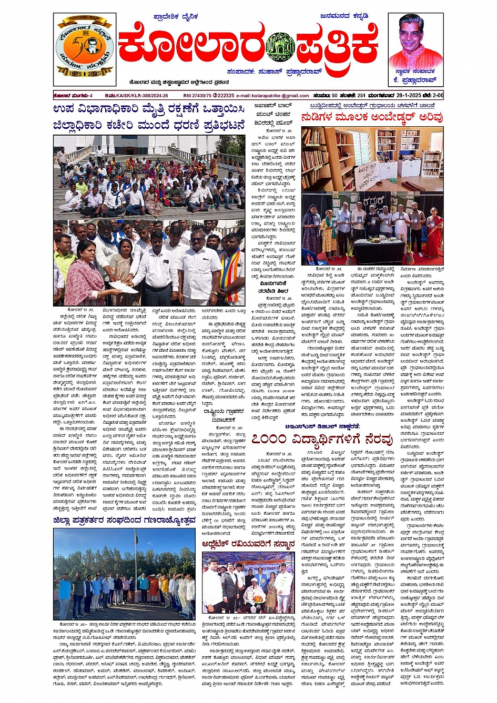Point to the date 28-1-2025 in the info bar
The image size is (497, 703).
[405, 96]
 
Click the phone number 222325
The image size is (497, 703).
[226, 96]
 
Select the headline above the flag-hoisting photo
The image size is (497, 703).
[124, 521]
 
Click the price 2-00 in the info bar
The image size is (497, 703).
[437, 96]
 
